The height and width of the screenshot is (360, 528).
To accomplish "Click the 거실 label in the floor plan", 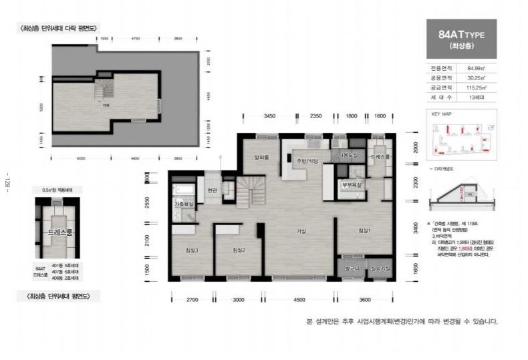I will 301,232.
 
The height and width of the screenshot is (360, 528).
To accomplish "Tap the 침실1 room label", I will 364,230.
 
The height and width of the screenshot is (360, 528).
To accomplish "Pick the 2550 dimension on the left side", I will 156,204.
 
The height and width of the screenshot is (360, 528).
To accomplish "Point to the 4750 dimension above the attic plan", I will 136,39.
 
